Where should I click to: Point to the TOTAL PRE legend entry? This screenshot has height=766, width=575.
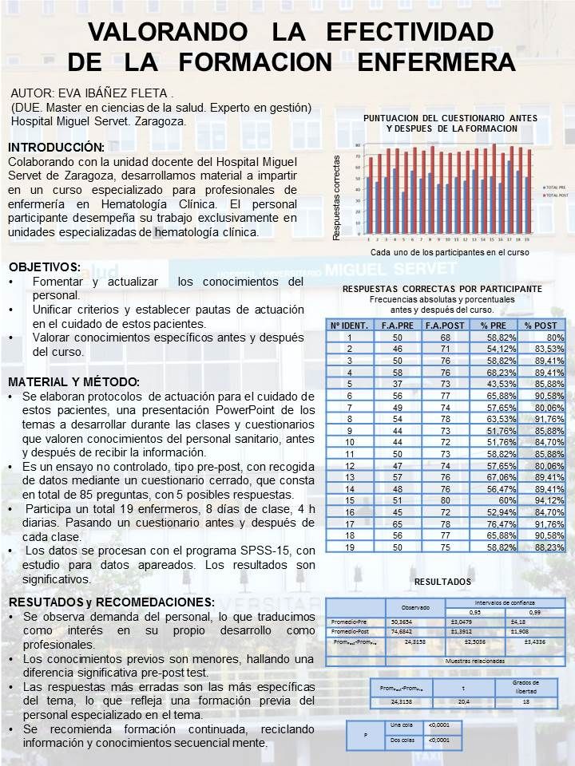point(552,186)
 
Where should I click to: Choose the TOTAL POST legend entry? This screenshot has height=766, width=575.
point(553,194)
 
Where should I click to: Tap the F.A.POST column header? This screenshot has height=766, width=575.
point(462,325)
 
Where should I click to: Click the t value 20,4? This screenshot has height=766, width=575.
point(463,702)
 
